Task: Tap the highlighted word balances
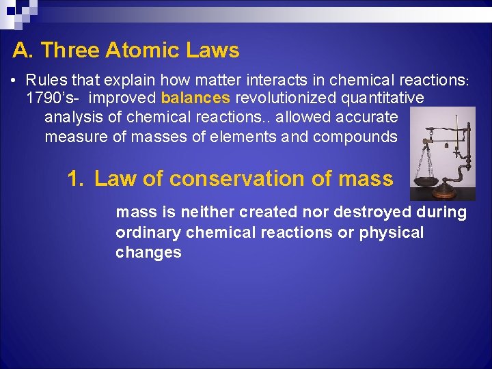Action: (195, 98)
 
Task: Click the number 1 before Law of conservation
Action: (74, 179)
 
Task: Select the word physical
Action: (392, 232)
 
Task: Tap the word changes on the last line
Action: (148, 252)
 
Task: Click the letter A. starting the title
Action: (23, 50)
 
